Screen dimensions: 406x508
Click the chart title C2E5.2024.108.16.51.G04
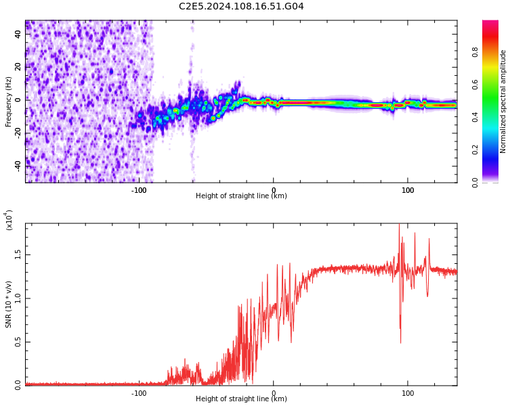point(241,7)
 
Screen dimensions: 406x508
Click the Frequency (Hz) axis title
point(9,101)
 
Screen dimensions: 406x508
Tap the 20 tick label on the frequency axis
point(18,66)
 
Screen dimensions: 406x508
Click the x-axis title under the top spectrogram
point(241,196)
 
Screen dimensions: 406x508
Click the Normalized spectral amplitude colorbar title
point(503,101)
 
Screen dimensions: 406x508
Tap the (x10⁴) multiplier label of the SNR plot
point(9,220)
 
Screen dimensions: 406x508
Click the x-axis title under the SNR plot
point(241,399)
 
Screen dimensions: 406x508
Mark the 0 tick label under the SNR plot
point(274,392)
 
